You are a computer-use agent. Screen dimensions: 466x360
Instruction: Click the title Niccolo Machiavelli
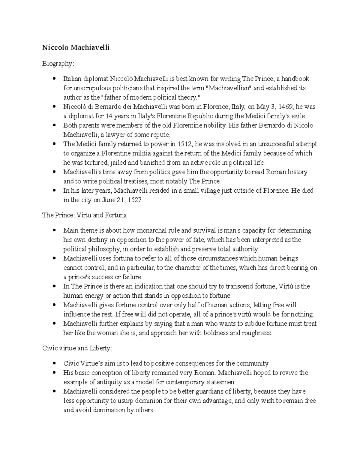(x=76, y=48)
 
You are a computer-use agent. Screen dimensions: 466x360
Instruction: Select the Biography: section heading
(x=58, y=64)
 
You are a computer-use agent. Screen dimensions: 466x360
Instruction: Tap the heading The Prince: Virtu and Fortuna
(x=84, y=215)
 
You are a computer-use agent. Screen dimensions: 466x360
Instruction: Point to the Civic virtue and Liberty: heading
(x=77, y=348)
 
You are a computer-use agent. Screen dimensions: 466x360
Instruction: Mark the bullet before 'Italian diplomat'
(x=54, y=79)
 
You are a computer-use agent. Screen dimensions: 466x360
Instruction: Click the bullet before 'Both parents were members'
(x=54, y=125)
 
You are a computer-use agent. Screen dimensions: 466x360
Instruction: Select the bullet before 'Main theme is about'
(x=54, y=230)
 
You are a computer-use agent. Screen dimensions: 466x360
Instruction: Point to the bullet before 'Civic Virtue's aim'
(x=54, y=363)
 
